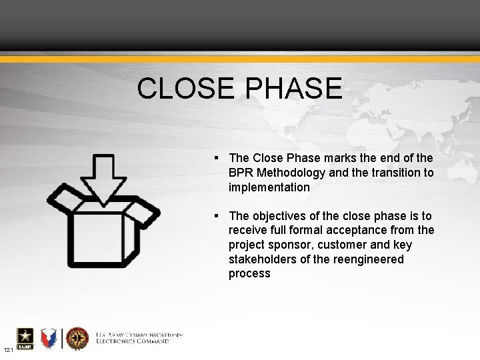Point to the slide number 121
tap(8, 351)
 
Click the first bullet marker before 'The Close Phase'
tap(218, 158)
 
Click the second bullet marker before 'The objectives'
tap(218, 215)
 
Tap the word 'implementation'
tap(269, 187)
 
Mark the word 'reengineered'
tap(371, 259)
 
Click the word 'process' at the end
tap(249, 274)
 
